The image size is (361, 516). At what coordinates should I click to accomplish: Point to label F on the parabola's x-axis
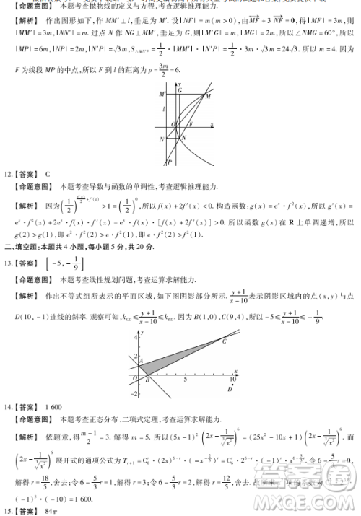coord(190,125)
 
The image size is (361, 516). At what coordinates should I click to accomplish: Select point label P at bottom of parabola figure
coord(170,162)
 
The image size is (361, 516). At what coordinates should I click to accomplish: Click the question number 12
coord(9,174)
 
